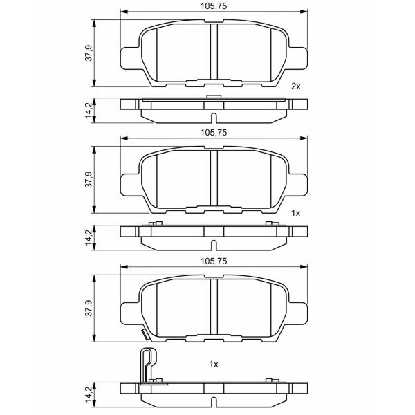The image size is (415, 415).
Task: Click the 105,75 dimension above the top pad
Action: point(214,6)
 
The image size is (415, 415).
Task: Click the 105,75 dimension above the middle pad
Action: point(214,132)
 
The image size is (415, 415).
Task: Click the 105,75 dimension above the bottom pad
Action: point(214,261)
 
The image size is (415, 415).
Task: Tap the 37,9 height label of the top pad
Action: point(89,53)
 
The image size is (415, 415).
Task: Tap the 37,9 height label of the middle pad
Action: point(89,179)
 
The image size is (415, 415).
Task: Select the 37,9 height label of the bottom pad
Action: point(89,308)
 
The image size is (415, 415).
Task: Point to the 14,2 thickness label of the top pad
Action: point(89,110)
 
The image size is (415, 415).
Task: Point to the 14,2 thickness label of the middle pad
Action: point(89,237)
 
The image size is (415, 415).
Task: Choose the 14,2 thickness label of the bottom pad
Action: point(89,394)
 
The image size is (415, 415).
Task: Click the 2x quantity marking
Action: point(296,86)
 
